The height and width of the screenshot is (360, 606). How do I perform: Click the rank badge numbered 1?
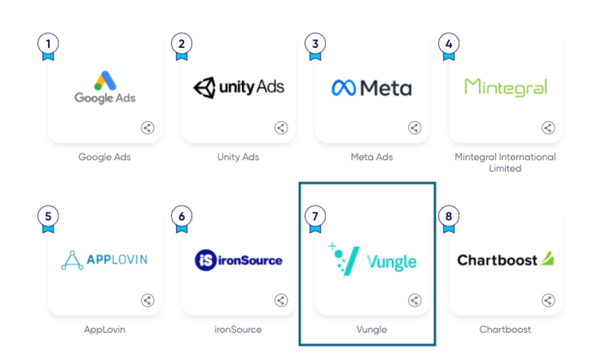click(48, 44)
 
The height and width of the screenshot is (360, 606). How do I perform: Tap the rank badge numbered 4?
click(449, 44)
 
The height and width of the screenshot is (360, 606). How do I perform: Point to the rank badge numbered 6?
click(181, 216)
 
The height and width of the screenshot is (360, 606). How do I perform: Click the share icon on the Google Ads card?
click(147, 128)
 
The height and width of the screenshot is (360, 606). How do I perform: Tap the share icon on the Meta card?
click(414, 128)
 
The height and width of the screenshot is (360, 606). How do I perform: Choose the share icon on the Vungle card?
click(414, 300)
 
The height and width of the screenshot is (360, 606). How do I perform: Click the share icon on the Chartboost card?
click(548, 300)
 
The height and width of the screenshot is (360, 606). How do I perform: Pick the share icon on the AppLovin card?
click(147, 300)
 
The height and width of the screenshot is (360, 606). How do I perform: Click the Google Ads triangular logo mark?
click(105, 81)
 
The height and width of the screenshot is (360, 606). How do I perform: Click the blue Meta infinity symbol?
click(344, 88)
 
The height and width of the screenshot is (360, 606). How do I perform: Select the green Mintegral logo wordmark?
click(505, 87)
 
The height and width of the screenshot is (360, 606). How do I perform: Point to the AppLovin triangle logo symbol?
click(72, 261)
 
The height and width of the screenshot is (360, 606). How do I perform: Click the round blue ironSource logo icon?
click(206, 261)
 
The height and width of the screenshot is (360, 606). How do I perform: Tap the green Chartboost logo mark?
click(548, 259)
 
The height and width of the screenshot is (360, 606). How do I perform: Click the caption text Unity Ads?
click(238, 157)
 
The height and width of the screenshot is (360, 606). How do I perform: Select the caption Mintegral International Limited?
click(505, 163)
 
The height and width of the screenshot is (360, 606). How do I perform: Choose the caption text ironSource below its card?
click(238, 329)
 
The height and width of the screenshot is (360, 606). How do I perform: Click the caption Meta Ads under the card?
click(372, 157)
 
